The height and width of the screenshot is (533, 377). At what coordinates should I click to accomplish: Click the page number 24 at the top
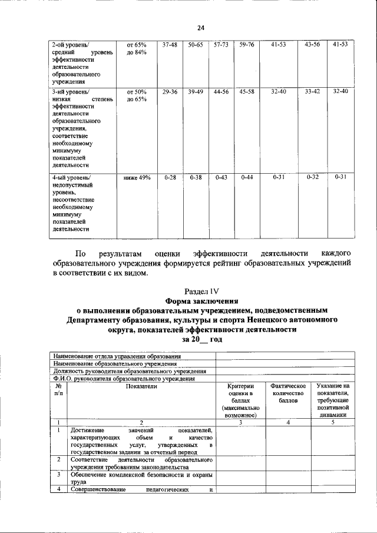(x=200, y=28)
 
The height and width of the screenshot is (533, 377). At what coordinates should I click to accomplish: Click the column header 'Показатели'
(x=141, y=386)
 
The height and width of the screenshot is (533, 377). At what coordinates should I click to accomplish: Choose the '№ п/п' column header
(x=58, y=389)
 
